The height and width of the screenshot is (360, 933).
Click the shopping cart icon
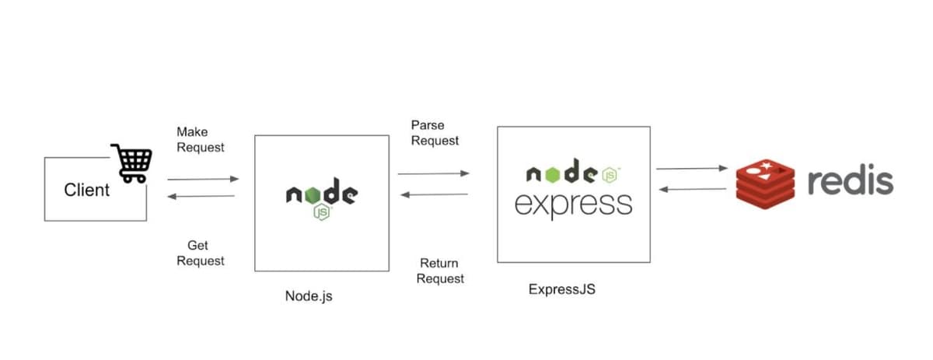pos(131,163)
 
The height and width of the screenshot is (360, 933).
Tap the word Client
pos(86,190)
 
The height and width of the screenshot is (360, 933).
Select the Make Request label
pos(200,139)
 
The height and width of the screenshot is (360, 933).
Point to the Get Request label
pos(200,253)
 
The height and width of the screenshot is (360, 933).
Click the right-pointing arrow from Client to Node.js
pos(203,179)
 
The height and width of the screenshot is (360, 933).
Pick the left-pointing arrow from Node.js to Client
pos(201,196)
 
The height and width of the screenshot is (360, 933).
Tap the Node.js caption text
pos(309,295)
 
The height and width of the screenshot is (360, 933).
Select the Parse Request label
pos(435,132)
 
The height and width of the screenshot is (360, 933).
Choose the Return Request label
pos(440,271)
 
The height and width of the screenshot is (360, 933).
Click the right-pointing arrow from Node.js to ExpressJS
pos(433,173)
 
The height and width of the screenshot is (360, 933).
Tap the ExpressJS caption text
pos(561,290)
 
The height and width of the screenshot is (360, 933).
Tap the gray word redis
pos(850,182)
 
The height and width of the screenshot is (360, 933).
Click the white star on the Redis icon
pos(768,166)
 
